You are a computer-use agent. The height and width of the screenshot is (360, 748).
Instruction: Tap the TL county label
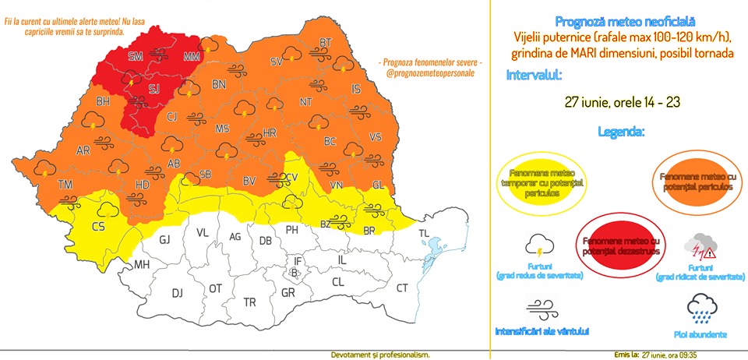pos(425,234)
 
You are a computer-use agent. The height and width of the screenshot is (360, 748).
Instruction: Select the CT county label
pos(402,288)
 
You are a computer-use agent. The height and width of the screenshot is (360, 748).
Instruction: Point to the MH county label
pos(141,265)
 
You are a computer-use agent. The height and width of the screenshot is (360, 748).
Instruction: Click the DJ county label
pos(178,293)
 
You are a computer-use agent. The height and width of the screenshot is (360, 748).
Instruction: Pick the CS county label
pos(99,227)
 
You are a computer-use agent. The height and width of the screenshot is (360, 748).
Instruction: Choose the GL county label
pos(378,185)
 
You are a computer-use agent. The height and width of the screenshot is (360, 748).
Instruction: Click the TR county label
pos(250,302)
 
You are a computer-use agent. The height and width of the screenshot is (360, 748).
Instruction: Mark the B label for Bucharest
pos(293,273)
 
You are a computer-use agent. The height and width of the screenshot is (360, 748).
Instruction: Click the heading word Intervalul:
pos(534,76)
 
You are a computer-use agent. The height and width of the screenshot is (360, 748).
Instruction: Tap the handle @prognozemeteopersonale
pos(429,74)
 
